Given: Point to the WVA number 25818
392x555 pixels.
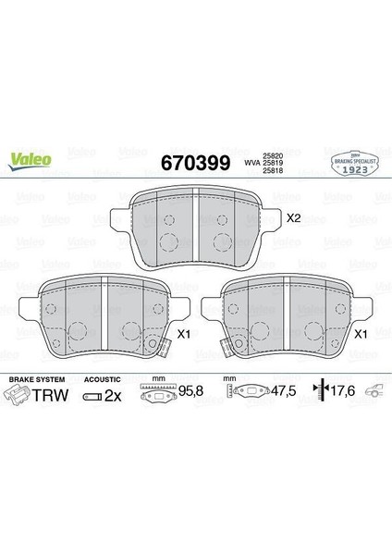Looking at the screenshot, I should click(274, 170).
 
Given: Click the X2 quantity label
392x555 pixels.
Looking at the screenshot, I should click(295, 219).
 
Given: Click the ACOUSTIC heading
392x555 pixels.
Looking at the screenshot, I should click(102, 379).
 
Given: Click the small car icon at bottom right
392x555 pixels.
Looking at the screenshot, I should click(375, 392).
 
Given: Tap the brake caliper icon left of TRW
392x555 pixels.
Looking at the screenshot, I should click(18, 395).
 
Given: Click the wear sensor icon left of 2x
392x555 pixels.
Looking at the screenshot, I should click(92, 396).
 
